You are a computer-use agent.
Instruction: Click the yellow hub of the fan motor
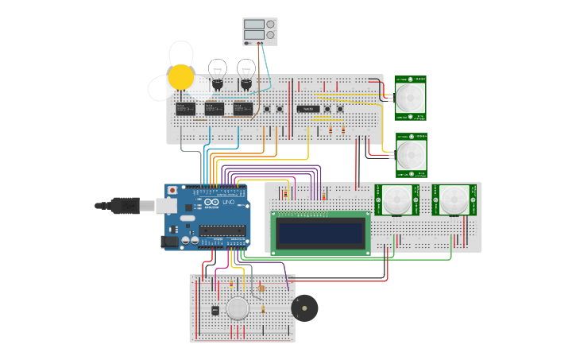click(181, 77)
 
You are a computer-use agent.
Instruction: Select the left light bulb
click(217, 72)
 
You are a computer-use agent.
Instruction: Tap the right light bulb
click(246, 72)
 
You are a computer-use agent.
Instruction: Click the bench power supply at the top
click(260, 31)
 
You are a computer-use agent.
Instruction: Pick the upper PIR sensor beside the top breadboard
click(410, 95)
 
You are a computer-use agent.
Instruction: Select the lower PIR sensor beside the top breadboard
click(410, 154)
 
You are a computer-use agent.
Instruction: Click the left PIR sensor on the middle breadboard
click(395, 199)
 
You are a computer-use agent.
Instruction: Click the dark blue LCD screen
click(320, 233)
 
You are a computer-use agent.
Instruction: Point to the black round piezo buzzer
click(304, 308)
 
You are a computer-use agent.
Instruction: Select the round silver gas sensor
click(238, 308)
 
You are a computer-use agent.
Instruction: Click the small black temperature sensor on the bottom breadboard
click(215, 310)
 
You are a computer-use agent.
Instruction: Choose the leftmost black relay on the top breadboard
click(185, 108)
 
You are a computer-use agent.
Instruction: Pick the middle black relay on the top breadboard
click(214, 108)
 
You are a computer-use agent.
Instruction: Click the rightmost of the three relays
click(242, 108)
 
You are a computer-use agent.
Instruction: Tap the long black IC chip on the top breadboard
click(308, 109)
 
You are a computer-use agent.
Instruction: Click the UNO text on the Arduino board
click(228, 203)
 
